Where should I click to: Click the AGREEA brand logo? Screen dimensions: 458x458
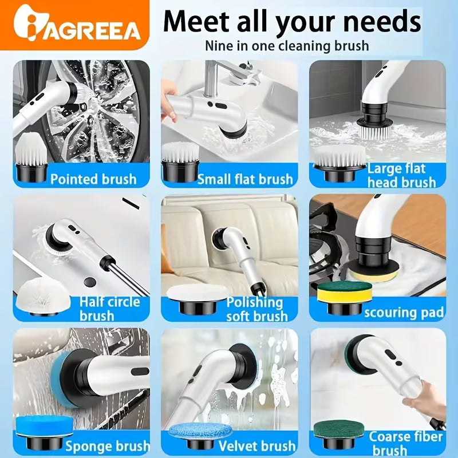pyautogui.click(x=77, y=25)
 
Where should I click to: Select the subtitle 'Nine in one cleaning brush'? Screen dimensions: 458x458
pyautogui.click(x=287, y=46)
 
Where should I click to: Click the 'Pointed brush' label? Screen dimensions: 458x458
pyautogui.click(x=93, y=179)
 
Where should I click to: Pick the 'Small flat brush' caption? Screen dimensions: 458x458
pyautogui.click(x=245, y=179)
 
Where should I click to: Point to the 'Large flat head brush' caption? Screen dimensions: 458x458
pyautogui.click(x=402, y=176)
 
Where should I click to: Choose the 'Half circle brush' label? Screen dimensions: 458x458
pyautogui.click(x=109, y=309)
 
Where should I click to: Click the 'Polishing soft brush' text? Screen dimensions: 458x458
pyautogui.click(x=257, y=309)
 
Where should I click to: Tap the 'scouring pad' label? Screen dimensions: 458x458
pyautogui.click(x=404, y=312)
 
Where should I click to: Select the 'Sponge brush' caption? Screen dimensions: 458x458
pyautogui.click(x=108, y=446)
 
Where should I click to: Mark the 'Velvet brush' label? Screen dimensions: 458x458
pyautogui.click(x=257, y=446)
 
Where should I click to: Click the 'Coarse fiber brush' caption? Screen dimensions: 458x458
pyautogui.click(x=406, y=443)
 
